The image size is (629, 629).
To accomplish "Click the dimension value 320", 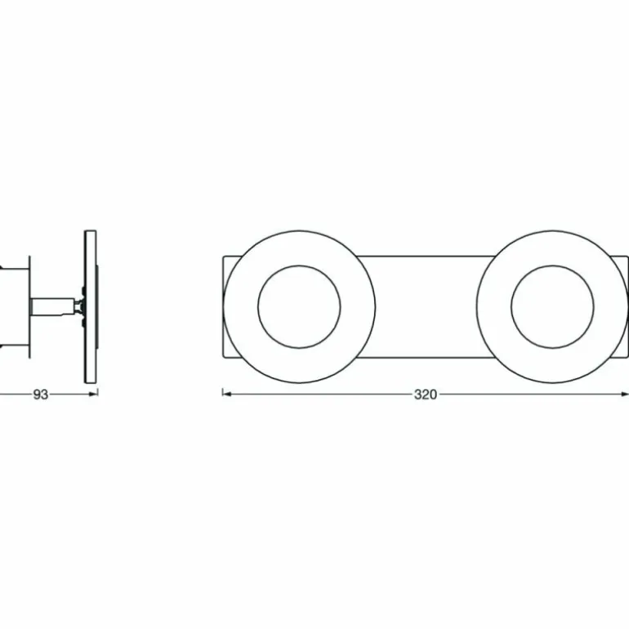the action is pyautogui.click(x=426, y=395).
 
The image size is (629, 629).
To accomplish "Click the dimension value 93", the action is pyautogui.click(x=41, y=395).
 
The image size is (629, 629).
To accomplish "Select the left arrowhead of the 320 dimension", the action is pyautogui.click(x=227, y=395).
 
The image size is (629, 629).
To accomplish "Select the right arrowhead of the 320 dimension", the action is pyautogui.click(x=624, y=395).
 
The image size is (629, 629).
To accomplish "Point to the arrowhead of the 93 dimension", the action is pyautogui.click(x=93, y=395).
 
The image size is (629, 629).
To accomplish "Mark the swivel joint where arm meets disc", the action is pyautogui.click(x=80, y=306).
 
